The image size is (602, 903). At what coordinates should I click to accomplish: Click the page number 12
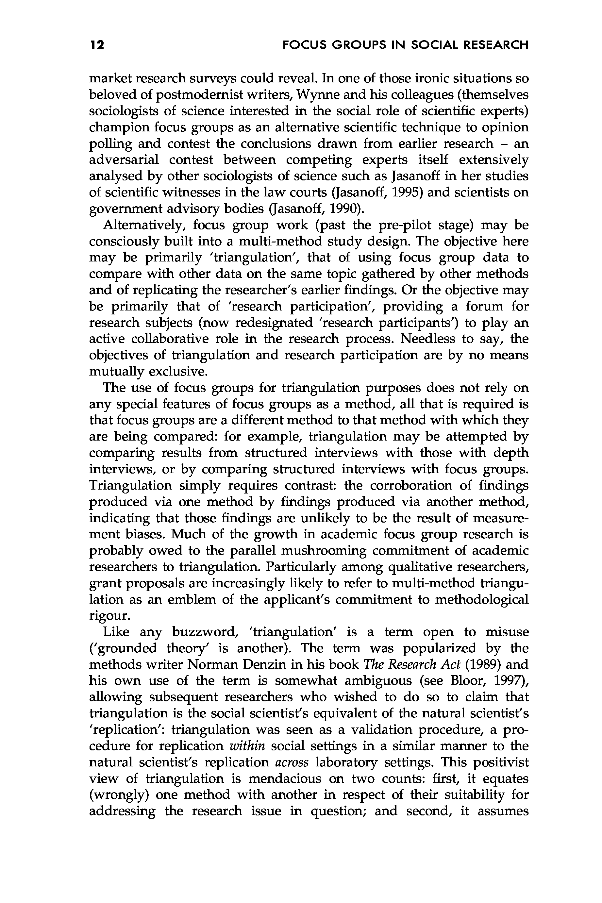coord(97,45)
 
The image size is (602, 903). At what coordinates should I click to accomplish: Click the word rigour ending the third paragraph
coord(107,616)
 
